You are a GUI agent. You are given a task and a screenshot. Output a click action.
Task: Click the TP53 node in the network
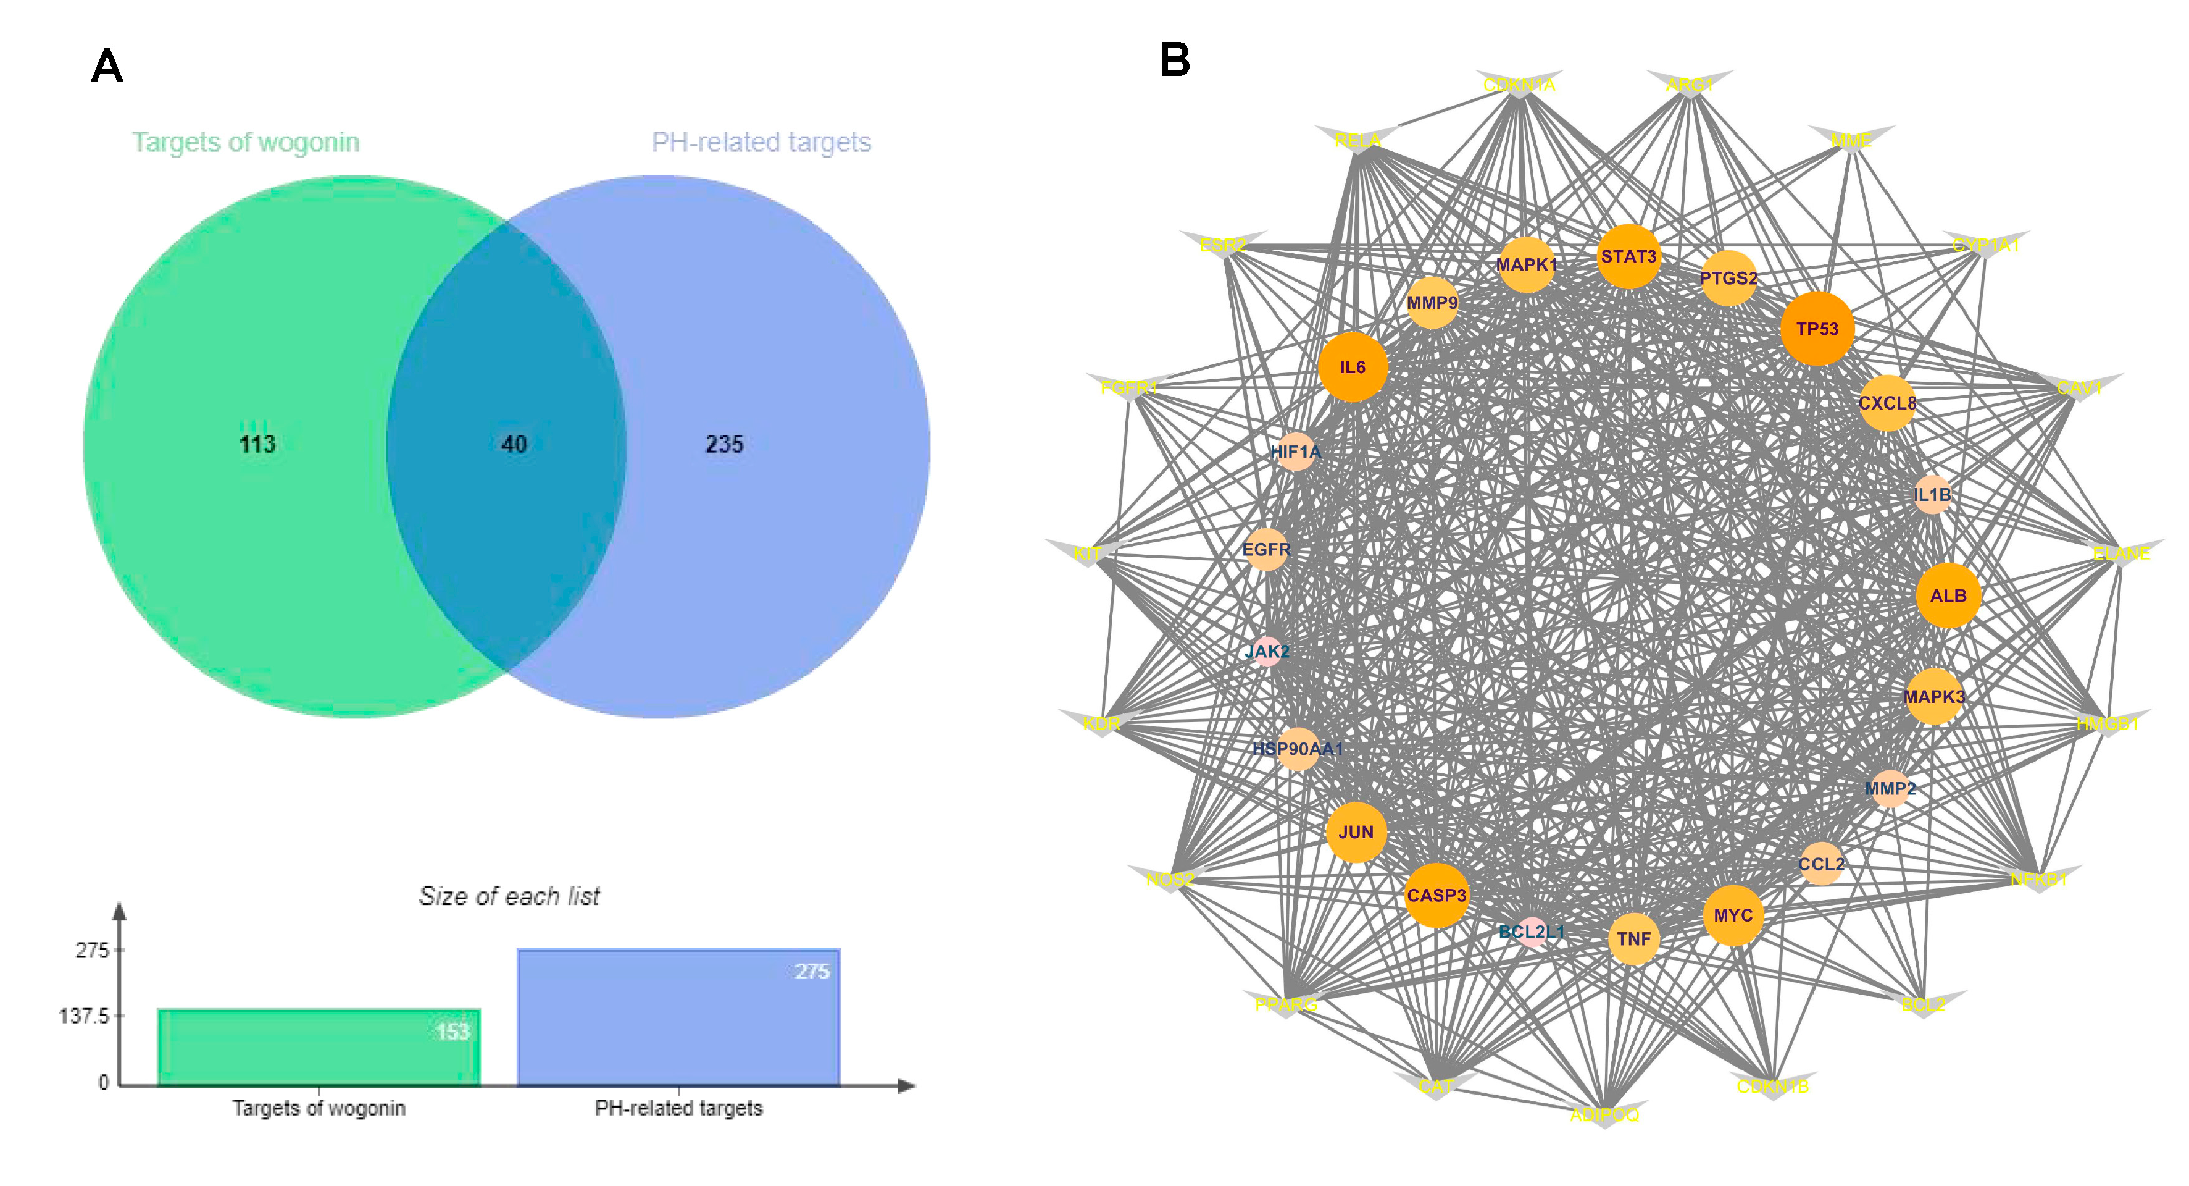click(1817, 329)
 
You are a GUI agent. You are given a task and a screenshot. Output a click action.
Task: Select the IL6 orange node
click(1353, 368)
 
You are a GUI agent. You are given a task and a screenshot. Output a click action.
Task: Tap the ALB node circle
click(1948, 595)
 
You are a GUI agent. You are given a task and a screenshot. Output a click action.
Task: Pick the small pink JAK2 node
click(1267, 651)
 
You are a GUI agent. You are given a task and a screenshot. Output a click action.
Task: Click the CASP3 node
click(1436, 895)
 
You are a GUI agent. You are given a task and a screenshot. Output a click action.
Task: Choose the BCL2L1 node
click(1532, 932)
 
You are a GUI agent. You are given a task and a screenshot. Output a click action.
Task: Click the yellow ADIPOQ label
click(1604, 1114)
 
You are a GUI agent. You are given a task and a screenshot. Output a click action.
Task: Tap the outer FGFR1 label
click(1128, 389)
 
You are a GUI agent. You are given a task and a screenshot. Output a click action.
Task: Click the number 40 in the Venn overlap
click(513, 444)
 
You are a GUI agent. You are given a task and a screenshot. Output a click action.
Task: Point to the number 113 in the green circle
click(257, 444)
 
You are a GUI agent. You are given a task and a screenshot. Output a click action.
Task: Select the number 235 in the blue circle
click(724, 444)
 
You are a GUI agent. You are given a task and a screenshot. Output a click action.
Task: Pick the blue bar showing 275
click(678, 1017)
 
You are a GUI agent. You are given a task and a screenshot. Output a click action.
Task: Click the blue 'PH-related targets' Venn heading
click(761, 142)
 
